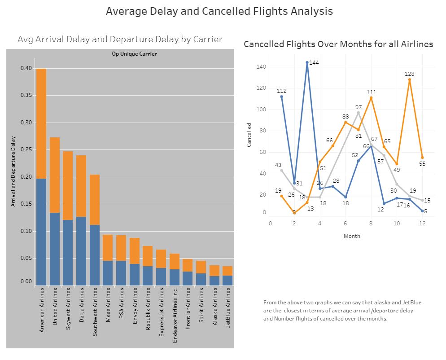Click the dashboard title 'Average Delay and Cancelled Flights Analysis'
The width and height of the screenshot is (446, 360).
tap(219, 11)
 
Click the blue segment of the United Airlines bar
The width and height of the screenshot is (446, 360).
tap(54, 249)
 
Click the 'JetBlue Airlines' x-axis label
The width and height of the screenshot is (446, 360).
tap(228, 308)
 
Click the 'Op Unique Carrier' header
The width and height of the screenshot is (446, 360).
tap(134, 54)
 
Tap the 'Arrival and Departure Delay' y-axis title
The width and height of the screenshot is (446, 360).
tap(13, 171)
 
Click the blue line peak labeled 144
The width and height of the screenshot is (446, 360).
tap(307, 63)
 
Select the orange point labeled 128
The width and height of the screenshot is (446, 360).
tap(409, 80)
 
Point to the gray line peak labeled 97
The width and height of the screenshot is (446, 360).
tap(358, 113)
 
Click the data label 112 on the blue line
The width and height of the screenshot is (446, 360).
tap(281, 91)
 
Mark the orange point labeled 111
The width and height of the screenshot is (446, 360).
tap(371, 98)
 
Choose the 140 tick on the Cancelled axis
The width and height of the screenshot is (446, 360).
tap(261, 67)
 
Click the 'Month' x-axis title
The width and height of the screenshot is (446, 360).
tap(351, 236)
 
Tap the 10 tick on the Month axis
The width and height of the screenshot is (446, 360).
tap(396, 223)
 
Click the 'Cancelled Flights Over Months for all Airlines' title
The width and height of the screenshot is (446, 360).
tap(338, 44)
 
